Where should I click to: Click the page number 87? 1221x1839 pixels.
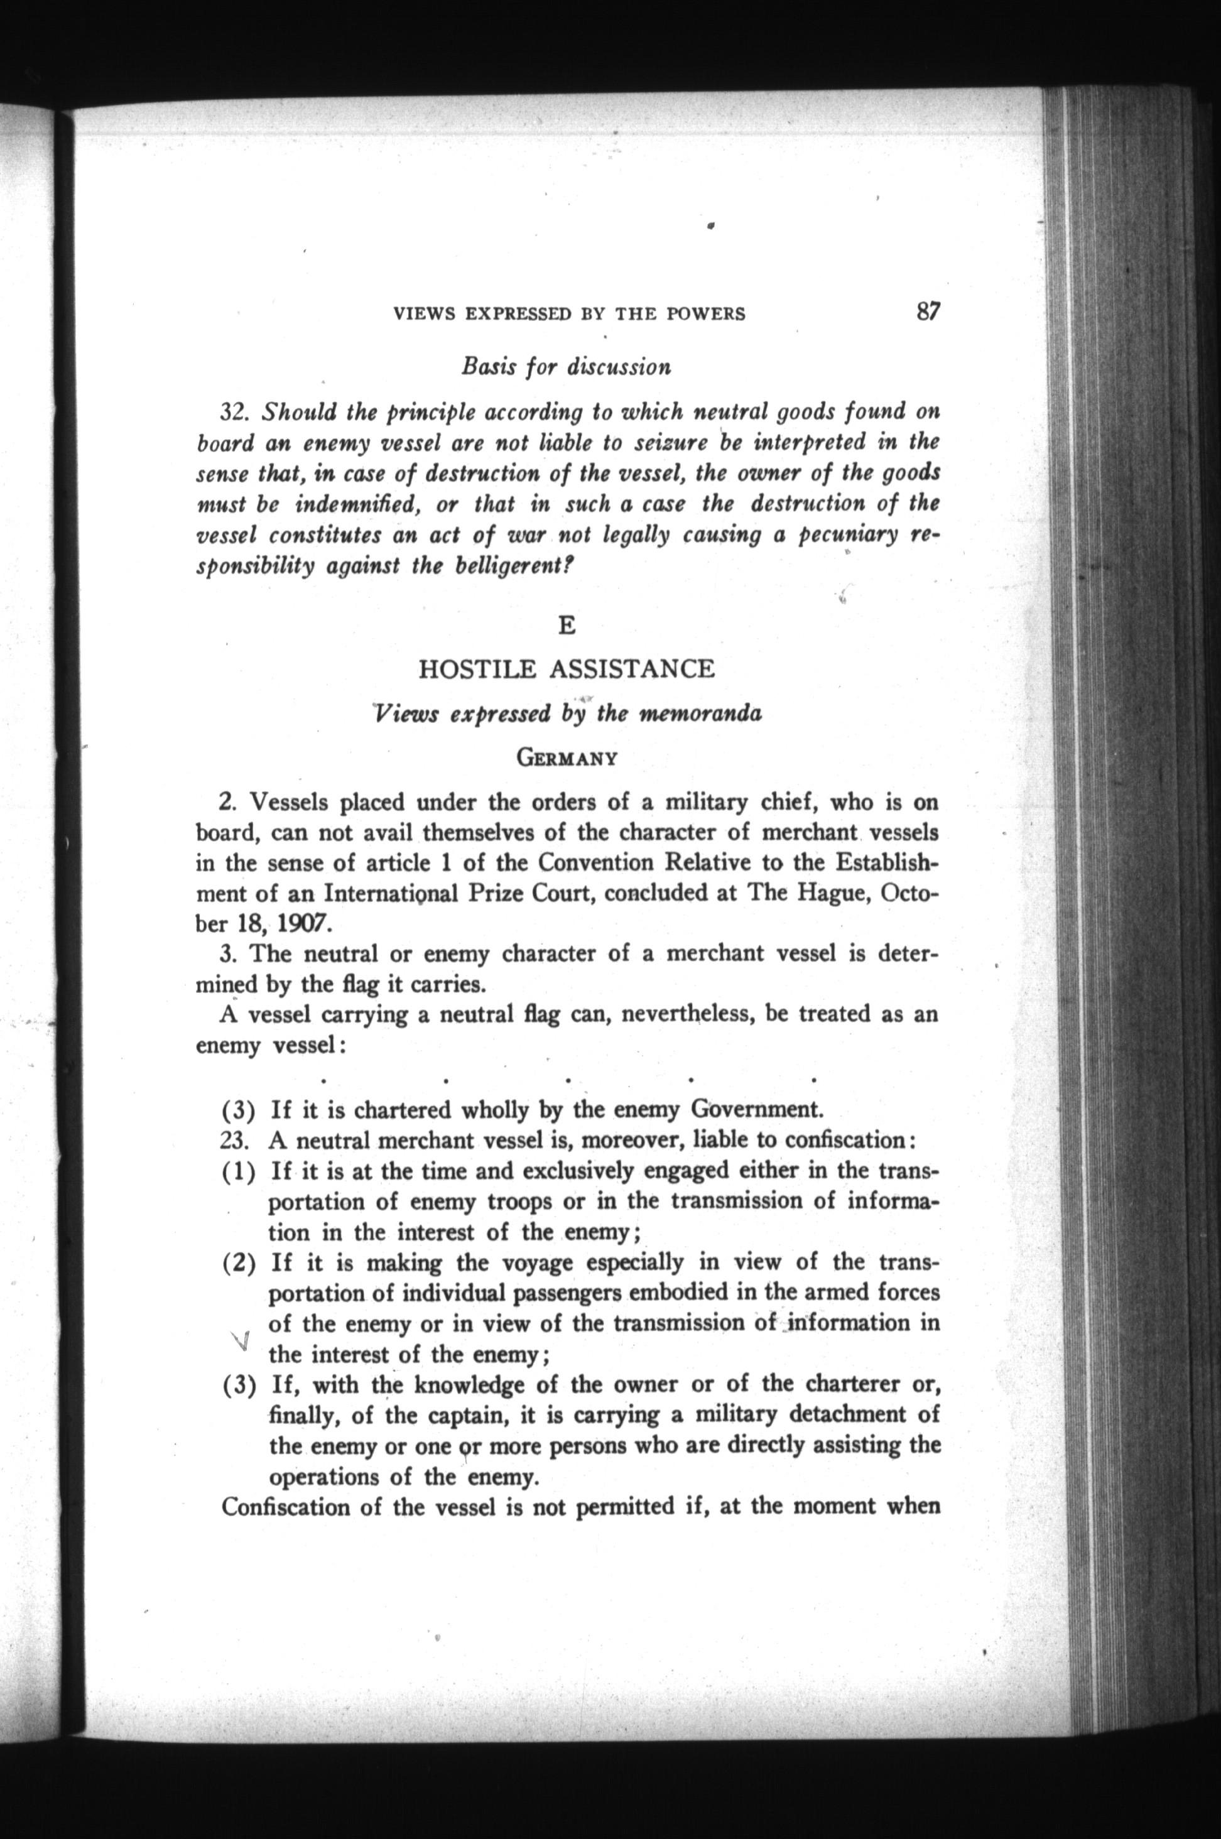tap(928, 312)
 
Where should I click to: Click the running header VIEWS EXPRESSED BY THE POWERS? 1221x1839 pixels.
tap(569, 315)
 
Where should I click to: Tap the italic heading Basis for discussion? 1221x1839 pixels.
tap(566, 366)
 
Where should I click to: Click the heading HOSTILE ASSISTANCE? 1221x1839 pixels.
tap(566, 669)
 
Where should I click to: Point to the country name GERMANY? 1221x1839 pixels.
tap(567, 758)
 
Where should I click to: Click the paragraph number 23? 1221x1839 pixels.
tap(235, 1141)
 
